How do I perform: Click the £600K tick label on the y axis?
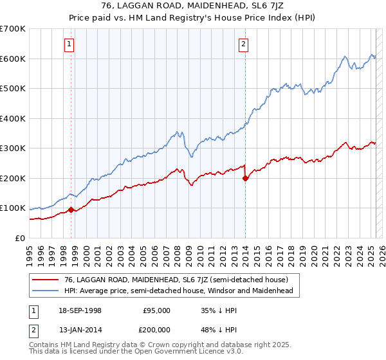pos(12,59)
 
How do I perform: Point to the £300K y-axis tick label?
pos(12,148)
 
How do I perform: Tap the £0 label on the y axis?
pos(19,238)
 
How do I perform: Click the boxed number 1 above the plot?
pos(69,44)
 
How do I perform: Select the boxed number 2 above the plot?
pos(244,44)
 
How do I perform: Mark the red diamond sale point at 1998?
pos(71,210)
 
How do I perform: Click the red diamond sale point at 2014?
pos(245,179)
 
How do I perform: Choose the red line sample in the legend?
pos(46,280)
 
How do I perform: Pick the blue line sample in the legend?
pos(46,291)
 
